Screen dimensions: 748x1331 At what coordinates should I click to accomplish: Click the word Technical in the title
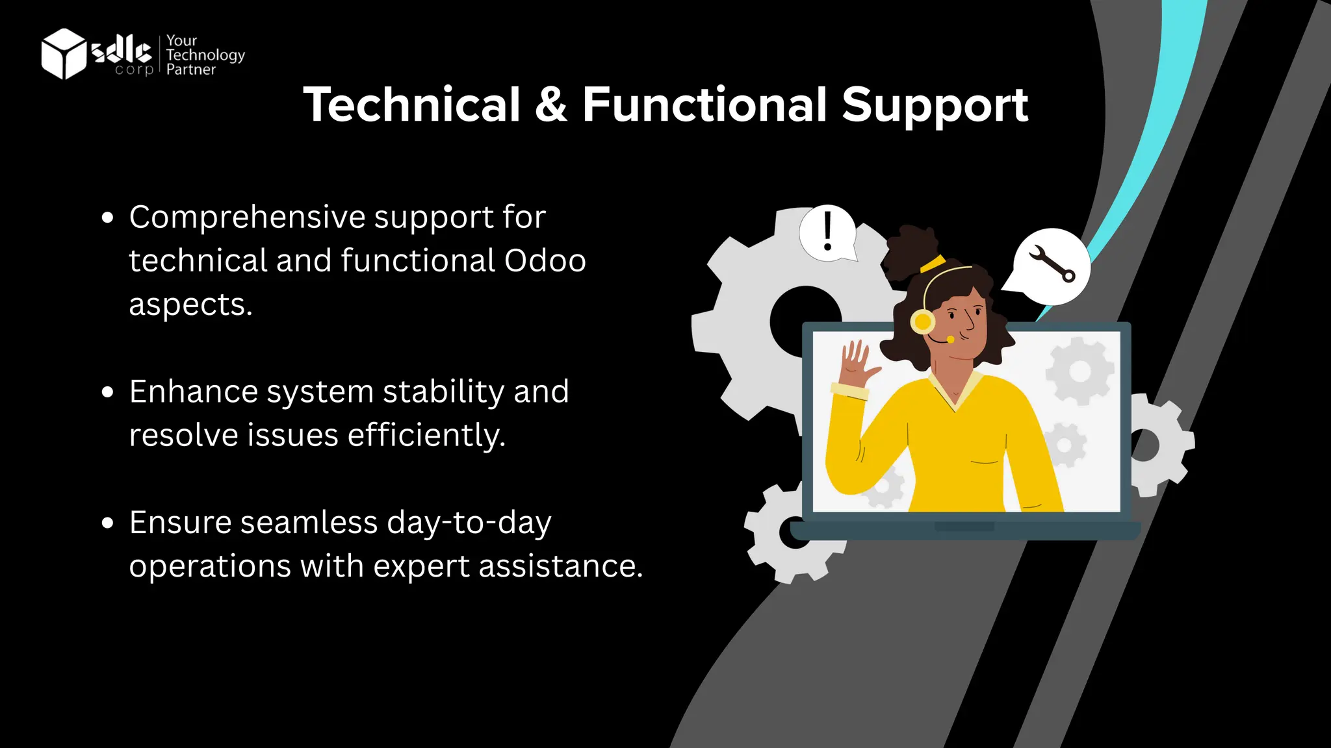[412, 105]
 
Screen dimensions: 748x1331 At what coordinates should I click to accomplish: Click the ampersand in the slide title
[551, 105]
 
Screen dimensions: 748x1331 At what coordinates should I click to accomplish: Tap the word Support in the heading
[935, 105]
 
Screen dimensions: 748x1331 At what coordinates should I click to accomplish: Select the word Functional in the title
[704, 105]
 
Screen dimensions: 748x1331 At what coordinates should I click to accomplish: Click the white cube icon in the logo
[63, 53]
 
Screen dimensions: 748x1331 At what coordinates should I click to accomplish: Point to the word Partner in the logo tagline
[190, 69]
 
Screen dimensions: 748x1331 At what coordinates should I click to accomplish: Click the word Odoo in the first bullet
[545, 261]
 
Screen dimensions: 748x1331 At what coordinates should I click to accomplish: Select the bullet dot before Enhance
[108, 392]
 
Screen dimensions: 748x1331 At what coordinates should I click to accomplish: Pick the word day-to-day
[469, 523]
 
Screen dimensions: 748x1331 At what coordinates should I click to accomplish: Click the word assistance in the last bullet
[560, 566]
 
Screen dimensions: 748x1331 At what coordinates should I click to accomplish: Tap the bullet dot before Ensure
[108, 523]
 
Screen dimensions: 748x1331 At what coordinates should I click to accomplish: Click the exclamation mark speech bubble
[827, 232]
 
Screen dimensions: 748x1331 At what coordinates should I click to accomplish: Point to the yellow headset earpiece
[922, 321]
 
